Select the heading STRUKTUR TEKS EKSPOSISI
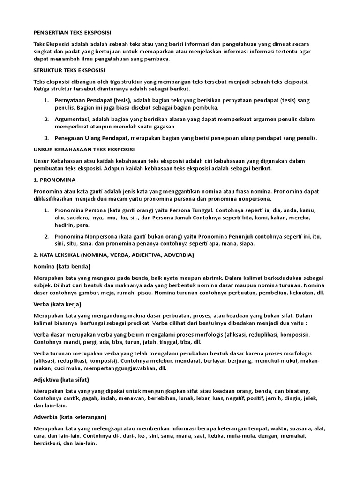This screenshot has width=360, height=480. pyautogui.click(x=69, y=71)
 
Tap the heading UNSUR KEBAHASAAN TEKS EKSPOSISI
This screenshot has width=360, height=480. pyautogui.click(x=84, y=149)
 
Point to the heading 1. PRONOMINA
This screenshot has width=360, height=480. pyautogui.click(x=55, y=180)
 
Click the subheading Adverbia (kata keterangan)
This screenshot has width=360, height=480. pyautogui.click(x=70, y=417)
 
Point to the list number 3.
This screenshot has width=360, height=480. pyautogui.click(x=46, y=138)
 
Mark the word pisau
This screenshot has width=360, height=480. pyautogui.click(x=153, y=292)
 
